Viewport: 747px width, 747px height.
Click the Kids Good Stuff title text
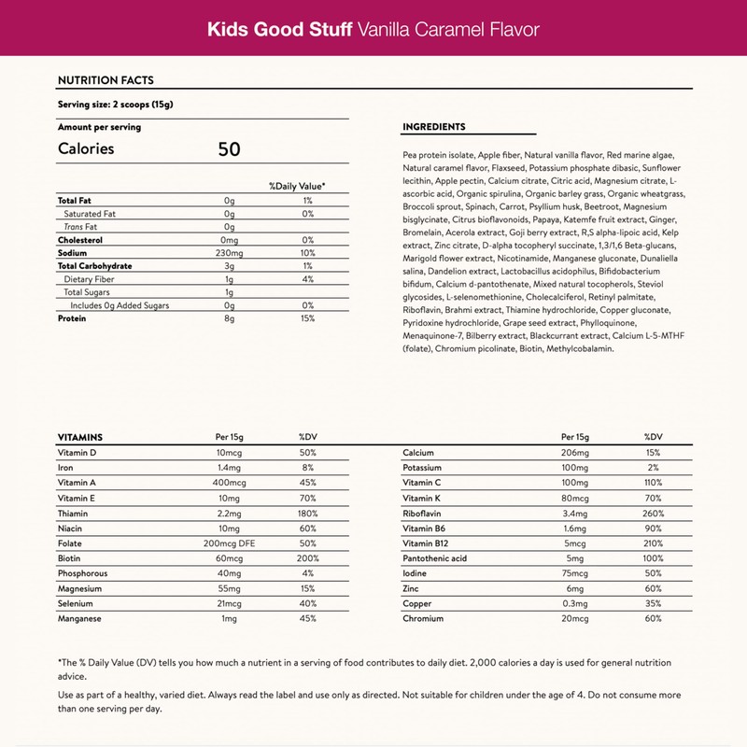point(279,29)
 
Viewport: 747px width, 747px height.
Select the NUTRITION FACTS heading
point(106,81)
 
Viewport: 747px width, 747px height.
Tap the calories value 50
point(230,148)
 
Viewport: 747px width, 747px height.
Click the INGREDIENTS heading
point(433,127)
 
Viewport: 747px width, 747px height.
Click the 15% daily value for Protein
point(307,318)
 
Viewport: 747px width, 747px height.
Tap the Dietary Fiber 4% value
point(307,279)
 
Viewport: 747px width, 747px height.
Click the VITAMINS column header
point(80,437)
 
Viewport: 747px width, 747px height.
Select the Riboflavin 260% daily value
point(653,514)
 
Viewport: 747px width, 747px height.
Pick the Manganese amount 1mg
point(229,619)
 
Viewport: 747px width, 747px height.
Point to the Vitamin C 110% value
point(653,484)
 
